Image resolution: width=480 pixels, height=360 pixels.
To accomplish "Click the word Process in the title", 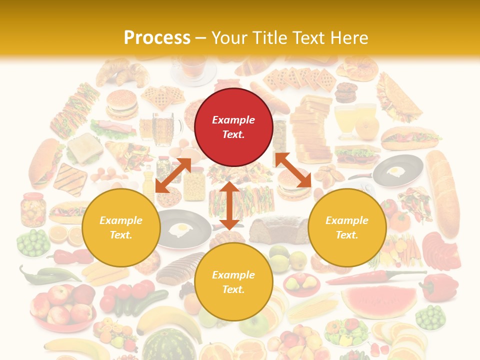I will pos(157,38).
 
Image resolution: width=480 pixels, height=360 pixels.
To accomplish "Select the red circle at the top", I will pos(233,127).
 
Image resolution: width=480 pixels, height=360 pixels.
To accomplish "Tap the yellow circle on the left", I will pos(121,227).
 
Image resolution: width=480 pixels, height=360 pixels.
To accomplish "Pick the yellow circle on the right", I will pos(347,227).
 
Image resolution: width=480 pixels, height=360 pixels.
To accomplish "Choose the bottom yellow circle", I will pos(233,282).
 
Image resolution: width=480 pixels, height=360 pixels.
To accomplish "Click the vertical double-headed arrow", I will pos(229,205).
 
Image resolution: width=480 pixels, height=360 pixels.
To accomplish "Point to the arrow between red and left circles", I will pos(173,175).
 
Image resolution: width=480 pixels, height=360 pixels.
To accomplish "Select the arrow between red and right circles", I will pos(293,170).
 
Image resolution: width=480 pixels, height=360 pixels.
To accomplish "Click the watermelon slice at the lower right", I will pos(379,300).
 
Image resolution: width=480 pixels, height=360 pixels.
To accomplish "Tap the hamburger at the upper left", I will pos(121,104).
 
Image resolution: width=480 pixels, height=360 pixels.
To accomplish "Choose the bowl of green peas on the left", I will pos(33,242).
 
